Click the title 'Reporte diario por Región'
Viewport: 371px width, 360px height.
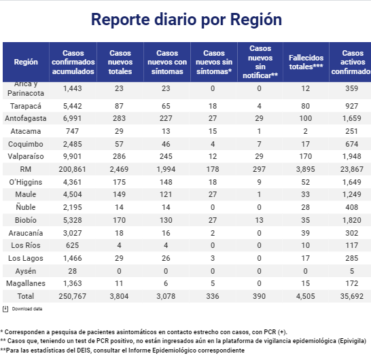pos(186,20)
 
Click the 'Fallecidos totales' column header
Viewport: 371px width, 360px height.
pos(306,62)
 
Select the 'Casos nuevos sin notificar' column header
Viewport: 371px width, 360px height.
pos(260,62)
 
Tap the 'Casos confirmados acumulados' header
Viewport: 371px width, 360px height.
pos(73,62)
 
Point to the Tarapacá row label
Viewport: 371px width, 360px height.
pos(26,106)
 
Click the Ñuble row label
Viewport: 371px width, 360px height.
pos(26,207)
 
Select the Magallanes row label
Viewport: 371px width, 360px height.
pos(26,283)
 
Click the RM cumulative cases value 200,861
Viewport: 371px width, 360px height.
pos(73,169)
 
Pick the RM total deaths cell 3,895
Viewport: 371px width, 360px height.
pos(306,169)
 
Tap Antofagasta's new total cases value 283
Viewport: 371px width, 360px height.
pos(119,118)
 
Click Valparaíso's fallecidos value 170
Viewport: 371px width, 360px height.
pos(306,156)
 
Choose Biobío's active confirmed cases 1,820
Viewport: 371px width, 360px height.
pos(352,220)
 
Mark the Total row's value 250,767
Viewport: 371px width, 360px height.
pos(73,296)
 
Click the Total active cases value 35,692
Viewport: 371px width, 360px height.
pos(352,296)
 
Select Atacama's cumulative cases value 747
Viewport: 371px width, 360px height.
pos(73,131)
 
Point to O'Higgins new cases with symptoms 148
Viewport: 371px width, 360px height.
pos(166,182)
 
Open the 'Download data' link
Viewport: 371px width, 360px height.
pos(27,309)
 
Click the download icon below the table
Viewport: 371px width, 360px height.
pos(5,309)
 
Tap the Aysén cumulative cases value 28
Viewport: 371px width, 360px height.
pos(73,271)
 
